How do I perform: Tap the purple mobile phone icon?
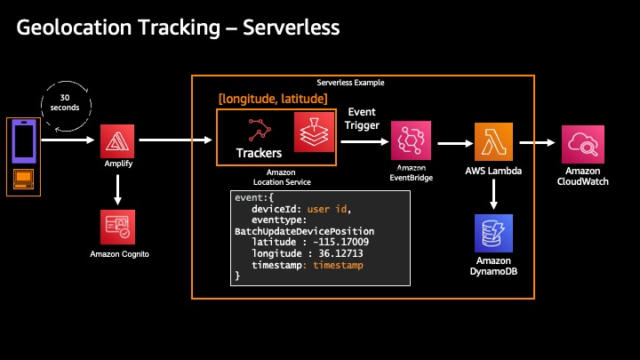click(23, 140)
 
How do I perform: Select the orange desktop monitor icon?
click(23, 181)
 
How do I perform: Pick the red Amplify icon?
click(117, 140)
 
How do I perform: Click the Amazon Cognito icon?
click(117, 226)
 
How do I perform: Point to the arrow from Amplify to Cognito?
click(117, 188)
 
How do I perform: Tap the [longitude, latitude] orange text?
click(273, 98)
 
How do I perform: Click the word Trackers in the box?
click(259, 153)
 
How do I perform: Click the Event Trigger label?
click(363, 119)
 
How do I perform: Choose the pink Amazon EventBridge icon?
click(410, 141)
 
